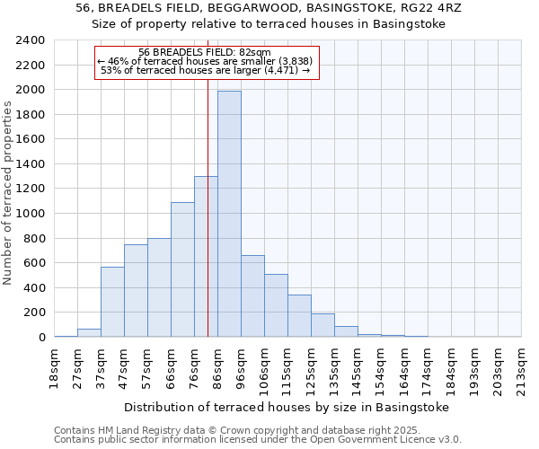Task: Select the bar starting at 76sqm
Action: pyautogui.click(x=206, y=256)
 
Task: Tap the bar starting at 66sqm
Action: pyautogui.click(x=182, y=269)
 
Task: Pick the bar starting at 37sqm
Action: pyautogui.click(x=112, y=302)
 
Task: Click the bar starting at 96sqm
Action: pyautogui.click(x=252, y=296)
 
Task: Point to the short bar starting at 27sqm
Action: pyautogui.click(x=89, y=332)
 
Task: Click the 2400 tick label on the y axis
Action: pyautogui.click(x=31, y=40)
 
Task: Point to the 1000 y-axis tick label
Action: pyautogui.click(x=31, y=214)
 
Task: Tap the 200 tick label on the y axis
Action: pyautogui.click(x=34, y=313)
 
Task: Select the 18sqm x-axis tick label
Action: pyautogui.click(x=54, y=366)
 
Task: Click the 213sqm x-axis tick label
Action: pyautogui.click(x=521, y=366)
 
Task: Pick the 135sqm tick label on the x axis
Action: pyautogui.click(x=334, y=366)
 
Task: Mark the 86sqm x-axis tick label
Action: pyautogui.click(x=217, y=366)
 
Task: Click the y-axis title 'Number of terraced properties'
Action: pyautogui.click(x=8, y=193)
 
